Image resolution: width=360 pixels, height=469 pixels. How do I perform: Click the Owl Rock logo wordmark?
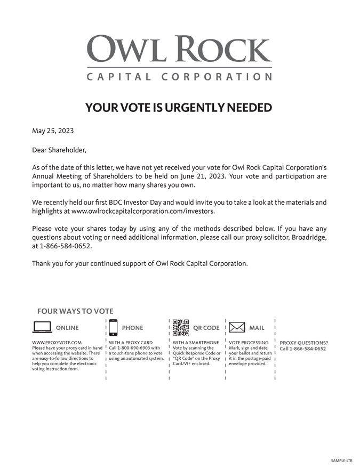tap(179, 49)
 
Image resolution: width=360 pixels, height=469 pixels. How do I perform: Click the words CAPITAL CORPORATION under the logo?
tap(179, 77)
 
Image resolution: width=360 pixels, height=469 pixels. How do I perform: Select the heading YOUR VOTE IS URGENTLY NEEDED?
tap(179, 108)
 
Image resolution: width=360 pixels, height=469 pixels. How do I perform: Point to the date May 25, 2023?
tap(53, 131)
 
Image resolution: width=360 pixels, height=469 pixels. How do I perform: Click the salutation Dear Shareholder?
tap(59, 150)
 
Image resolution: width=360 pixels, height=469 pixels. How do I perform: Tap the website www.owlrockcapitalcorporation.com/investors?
tap(143, 211)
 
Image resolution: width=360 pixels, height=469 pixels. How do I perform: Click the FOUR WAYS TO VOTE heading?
tap(75, 311)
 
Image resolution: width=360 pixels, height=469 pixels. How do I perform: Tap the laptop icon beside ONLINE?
tap(42, 327)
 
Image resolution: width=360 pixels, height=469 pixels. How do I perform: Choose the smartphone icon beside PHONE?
tap(113, 327)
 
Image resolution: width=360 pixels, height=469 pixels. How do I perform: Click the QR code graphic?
tap(181, 327)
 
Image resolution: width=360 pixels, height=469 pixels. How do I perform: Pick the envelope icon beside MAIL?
tap(237, 327)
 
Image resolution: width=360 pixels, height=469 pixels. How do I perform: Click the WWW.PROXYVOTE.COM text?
tap(57, 343)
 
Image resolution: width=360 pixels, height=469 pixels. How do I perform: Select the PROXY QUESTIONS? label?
tap(304, 343)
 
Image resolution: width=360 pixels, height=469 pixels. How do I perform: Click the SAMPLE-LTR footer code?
tap(341, 460)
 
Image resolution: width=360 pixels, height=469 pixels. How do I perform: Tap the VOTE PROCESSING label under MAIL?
tap(249, 343)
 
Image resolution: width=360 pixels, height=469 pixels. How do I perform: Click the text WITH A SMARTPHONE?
tap(196, 343)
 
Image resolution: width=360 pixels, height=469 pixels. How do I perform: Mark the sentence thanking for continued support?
tap(140, 263)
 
